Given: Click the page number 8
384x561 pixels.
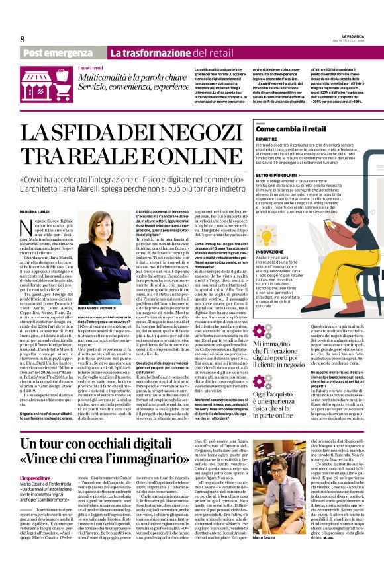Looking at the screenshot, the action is tap(22, 39).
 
